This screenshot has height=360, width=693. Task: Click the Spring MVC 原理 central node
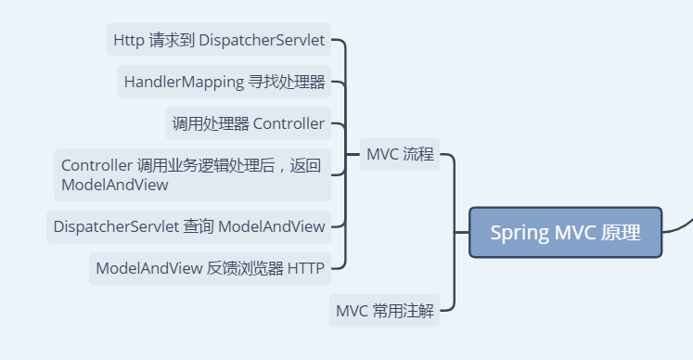(565, 233)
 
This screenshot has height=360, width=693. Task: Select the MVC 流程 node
(400, 155)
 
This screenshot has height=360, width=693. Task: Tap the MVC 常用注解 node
(384, 311)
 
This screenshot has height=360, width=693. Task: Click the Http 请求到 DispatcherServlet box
(219, 40)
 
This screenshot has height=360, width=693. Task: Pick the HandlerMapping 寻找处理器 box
(225, 82)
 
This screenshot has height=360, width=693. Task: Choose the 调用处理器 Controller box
(248, 123)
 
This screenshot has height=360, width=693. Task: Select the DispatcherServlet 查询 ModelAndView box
(189, 225)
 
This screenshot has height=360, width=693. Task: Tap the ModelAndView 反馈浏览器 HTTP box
(210, 268)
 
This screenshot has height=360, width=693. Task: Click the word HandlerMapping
(183, 82)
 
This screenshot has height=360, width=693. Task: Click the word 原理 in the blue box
(621, 233)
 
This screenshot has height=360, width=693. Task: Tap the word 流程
(418, 155)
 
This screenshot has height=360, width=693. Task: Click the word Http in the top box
(128, 40)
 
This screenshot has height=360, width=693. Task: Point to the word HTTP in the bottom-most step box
(305, 268)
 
